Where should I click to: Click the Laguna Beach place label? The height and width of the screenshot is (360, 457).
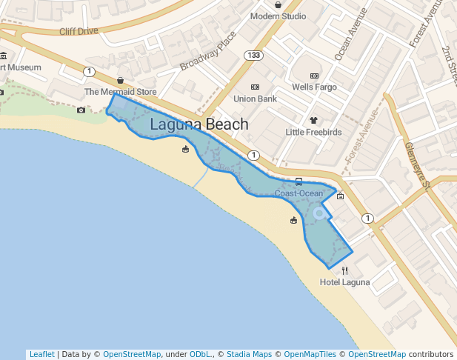click(x=199, y=124)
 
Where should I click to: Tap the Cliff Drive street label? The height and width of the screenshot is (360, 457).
click(x=79, y=31)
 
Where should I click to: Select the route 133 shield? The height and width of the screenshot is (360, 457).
click(x=254, y=55)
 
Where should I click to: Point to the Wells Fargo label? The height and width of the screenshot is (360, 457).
click(x=314, y=87)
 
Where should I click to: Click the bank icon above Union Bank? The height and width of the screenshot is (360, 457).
click(x=255, y=87)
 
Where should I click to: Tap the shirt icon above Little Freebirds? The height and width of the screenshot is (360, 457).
click(x=313, y=119)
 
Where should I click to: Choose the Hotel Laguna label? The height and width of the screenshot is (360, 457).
click(x=344, y=282)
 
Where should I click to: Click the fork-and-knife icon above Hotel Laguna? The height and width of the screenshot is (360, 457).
click(x=344, y=270)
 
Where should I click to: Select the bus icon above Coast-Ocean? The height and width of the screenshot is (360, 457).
click(x=298, y=181)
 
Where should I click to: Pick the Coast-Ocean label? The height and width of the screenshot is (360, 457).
click(x=298, y=193)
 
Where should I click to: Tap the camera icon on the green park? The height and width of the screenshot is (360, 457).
click(x=81, y=110)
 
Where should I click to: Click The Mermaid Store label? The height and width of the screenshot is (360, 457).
click(x=121, y=92)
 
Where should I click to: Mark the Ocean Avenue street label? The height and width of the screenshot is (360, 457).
click(x=350, y=34)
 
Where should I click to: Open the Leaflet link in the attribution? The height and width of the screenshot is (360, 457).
click(x=41, y=354)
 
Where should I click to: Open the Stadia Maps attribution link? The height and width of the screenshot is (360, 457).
click(x=249, y=354)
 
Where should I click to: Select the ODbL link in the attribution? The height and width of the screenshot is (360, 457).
click(x=199, y=354)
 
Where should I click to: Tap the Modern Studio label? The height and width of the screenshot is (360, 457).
click(x=278, y=16)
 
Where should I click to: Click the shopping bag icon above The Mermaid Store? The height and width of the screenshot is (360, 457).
click(x=120, y=80)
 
